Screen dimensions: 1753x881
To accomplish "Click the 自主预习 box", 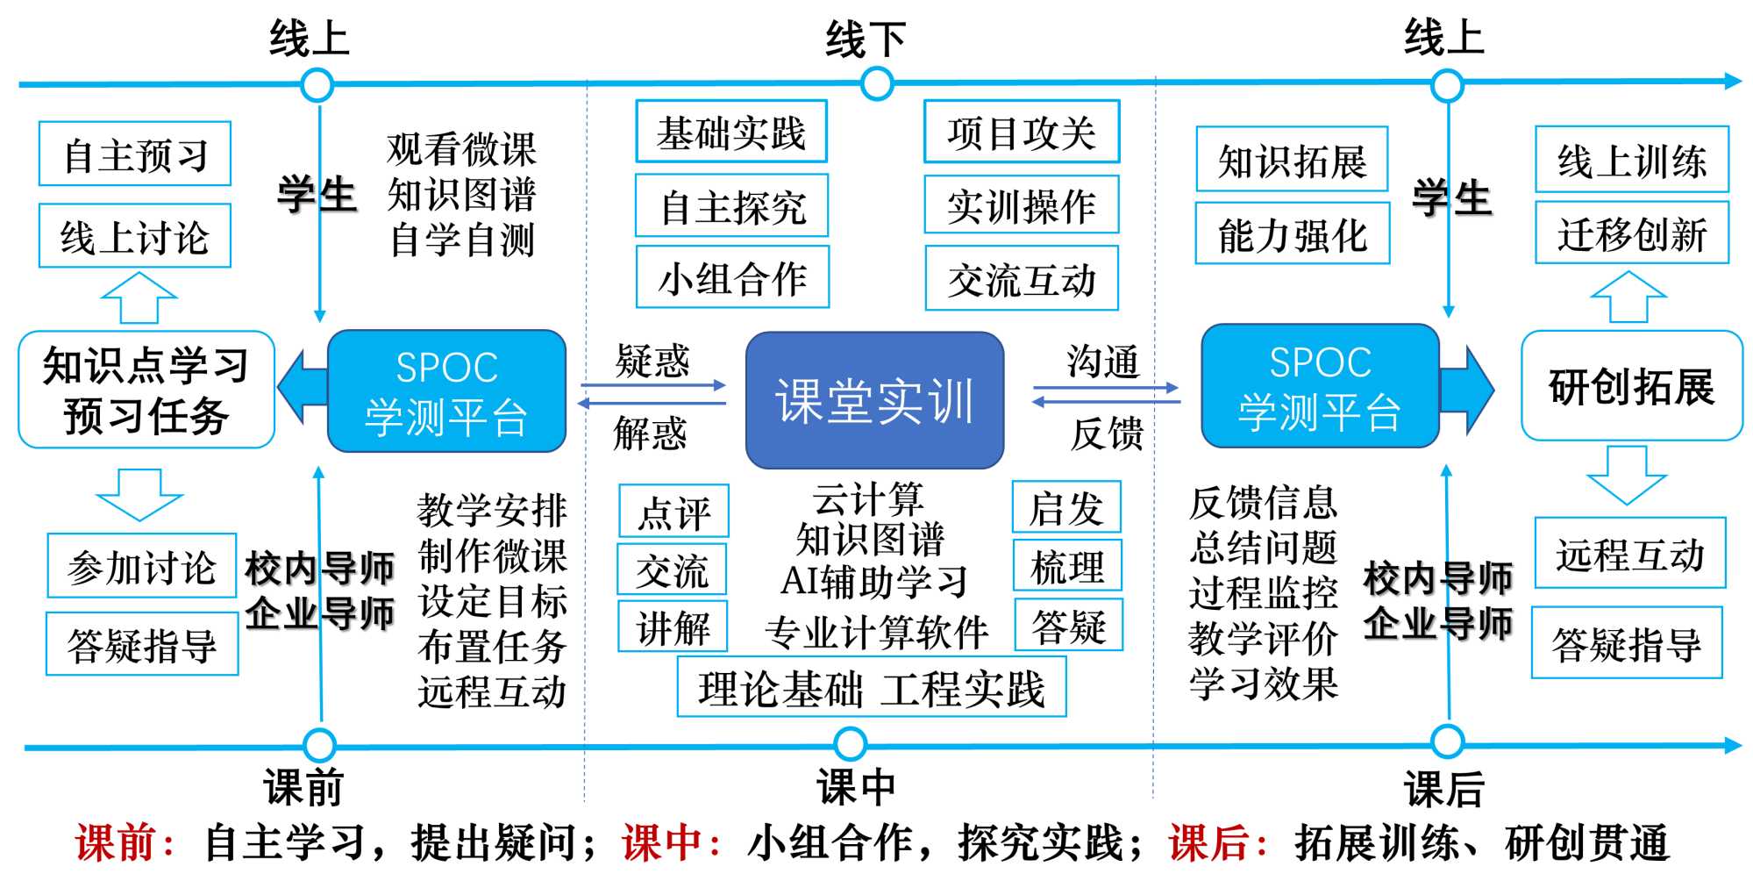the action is pos(135,154).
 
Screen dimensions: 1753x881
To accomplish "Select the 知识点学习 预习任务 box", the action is pos(146,390).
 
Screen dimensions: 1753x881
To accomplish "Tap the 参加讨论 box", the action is pos(141,566).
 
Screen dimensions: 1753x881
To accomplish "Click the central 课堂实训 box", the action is pos(874,400).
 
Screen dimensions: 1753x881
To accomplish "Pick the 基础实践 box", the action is pos(731,132).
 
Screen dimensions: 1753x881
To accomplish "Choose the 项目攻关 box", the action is pos(1022,132).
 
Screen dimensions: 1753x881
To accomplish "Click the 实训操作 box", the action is pos(1022,205).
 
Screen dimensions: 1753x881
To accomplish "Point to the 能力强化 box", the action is pos(1293,233).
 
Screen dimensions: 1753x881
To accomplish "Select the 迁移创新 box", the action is pos(1632,233).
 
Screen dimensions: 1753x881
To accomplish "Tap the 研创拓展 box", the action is pos(1632,386).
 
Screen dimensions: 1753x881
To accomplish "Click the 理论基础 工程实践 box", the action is pos(872,688).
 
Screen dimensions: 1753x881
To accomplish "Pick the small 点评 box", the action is pos(673,511).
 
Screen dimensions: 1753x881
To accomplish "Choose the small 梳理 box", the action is pos(1067,566).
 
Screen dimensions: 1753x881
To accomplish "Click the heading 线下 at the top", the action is pos(865,39).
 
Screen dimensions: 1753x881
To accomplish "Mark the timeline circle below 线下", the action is pos(877,84).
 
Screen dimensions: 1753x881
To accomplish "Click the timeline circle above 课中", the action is pos(850,744).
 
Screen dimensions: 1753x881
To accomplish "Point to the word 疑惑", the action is pos(652,360).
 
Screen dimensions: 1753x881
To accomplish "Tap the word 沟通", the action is pos(1103,360).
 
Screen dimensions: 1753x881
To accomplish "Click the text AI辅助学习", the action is pos(874,581).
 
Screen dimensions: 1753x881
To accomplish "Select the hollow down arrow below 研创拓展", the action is pos(1627,475).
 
